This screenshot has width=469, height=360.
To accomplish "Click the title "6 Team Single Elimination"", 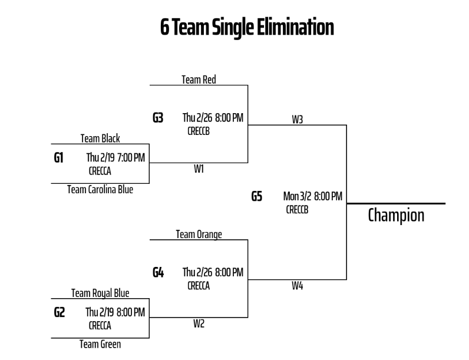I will coord(247,27).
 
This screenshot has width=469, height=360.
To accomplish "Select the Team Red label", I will coord(199,80).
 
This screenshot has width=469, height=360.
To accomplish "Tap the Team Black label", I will coord(100,138).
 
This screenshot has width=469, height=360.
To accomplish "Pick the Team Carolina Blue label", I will coord(100,189).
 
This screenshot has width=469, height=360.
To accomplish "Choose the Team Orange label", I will coord(199,235).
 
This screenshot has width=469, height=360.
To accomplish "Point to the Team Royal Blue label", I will coord(100,293).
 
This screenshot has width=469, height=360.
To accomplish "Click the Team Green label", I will coord(100,344).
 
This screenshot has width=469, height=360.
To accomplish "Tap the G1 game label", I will coord(59,158).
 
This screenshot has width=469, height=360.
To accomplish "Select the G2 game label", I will coord(59,312).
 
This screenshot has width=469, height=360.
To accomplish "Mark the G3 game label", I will coord(158,118).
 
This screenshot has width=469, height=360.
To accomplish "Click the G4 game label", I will coord(158,273).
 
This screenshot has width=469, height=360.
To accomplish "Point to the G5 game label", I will coord(257,196).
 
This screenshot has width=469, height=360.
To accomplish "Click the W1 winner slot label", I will coord(199,169).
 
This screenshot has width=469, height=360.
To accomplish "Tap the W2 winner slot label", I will coord(199,323).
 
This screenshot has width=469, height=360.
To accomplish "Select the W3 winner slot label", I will coord(298,120).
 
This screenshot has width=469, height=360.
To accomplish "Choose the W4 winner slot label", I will coord(298,285).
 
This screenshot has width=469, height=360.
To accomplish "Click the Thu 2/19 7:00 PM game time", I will coord(115,157).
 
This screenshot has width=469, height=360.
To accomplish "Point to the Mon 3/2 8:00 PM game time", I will coord(312,196).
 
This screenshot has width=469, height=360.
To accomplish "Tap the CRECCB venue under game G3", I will coord(199,131).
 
